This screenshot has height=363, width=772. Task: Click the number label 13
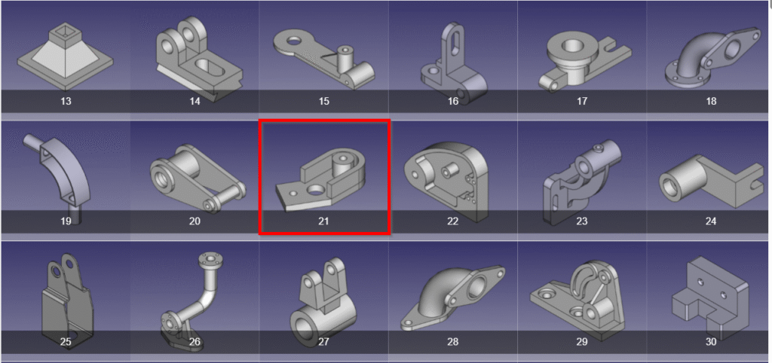66,101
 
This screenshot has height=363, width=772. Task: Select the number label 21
324,221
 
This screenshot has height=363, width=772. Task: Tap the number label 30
711,342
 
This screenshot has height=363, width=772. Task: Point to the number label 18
711,101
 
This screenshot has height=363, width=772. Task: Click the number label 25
66,342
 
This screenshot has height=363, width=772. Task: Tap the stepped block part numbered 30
709,294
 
